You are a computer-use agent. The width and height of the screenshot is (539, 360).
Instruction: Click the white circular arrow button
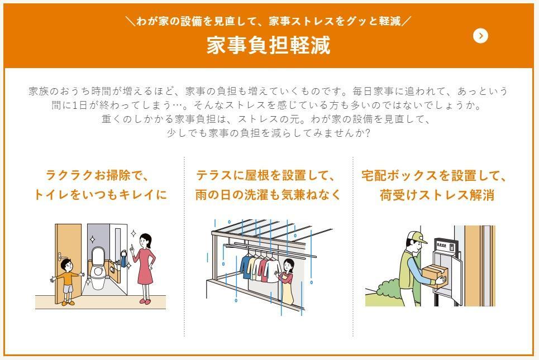[480, 36]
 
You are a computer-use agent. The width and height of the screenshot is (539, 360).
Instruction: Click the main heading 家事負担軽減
[269, 45]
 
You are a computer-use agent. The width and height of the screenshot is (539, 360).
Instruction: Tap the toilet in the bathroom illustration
[98, 264]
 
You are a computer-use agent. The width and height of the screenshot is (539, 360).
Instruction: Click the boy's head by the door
[66, 265]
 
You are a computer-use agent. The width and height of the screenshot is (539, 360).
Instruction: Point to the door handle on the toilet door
[60, 256]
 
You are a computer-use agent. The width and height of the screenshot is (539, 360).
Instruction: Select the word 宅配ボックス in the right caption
[399, 176]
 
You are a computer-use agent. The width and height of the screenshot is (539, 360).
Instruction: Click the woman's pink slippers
[145, 301]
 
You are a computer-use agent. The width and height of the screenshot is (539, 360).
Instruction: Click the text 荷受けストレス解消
[437, 195]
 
